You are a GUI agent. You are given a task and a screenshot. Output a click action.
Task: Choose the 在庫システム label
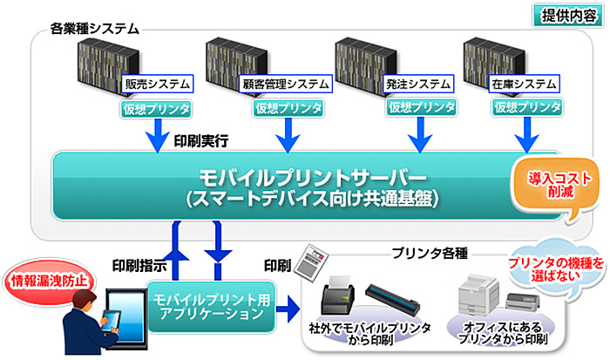click(523, 85)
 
